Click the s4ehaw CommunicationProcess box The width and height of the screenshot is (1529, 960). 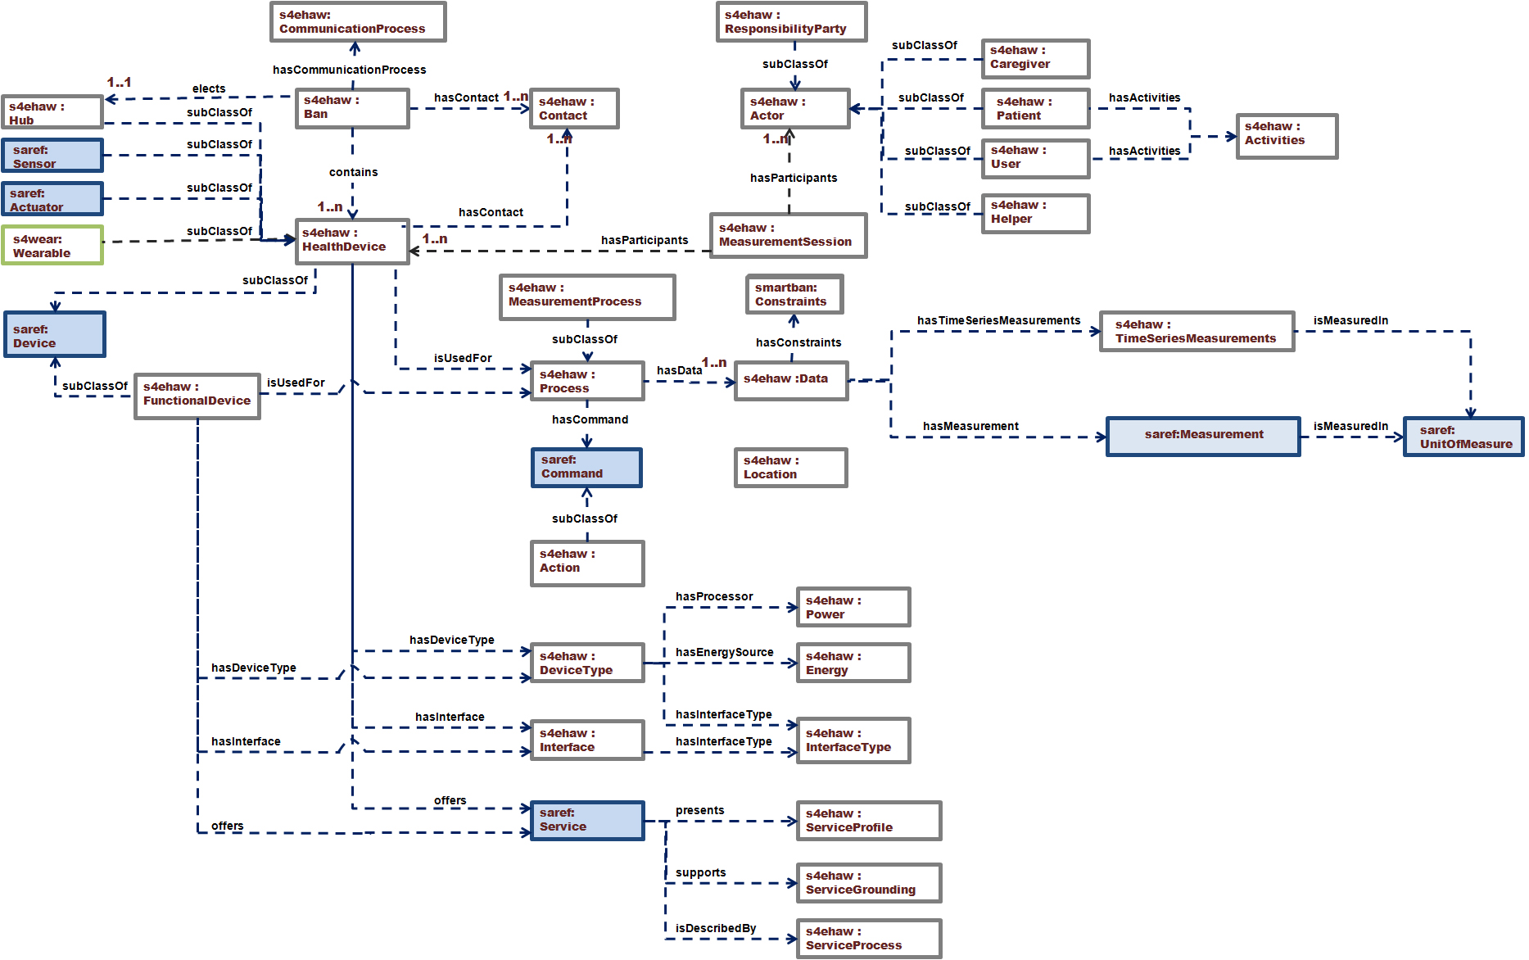pyautogui.click(x=358, y=22)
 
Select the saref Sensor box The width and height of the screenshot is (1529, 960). pyautogui.click(x=52, y=156)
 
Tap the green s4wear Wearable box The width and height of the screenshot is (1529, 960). pyautogui.click(x=52, y=246)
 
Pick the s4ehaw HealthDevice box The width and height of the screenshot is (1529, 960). pyautogui.click(x=352, y=241)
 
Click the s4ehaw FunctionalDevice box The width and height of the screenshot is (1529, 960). pyautogui.click(x=197, y=396)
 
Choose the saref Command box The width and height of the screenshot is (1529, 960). pyautogui.click(x=586, y=467)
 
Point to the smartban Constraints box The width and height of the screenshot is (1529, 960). pyautogui.click(x=794, y=295)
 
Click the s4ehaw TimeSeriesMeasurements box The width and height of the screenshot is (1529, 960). pyautogui.click(x=1196, y=331)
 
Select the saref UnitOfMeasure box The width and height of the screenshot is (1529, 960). pyautogui.click(x=1463, y=437)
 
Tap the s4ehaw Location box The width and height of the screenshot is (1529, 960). pyautogui.click(x=790, y=468)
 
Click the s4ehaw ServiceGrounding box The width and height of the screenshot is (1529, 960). pyautogui.click(x=868, y=883)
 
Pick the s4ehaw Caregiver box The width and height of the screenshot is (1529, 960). pyautogui.click(x=1035, y=58)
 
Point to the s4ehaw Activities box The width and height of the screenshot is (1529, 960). pyautogui.click(x=1286, y=135)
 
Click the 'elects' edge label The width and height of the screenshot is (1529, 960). pyautogui.click(x=209, y=88)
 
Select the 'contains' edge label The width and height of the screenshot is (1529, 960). pyautogui.click(x=353, y=172)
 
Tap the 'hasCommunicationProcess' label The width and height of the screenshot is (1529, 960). pyautogui.click(x=349, y=70)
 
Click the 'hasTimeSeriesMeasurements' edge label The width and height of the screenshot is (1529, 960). pyautogui.click(x=998, y=320)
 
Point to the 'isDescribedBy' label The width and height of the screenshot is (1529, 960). pyautogui.click(x=715, y=928)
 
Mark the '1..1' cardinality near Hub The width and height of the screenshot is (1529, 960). pyautogui.click(x=119, y=82)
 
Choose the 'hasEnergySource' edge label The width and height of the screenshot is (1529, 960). pyautogui.click(x=724, y=652)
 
